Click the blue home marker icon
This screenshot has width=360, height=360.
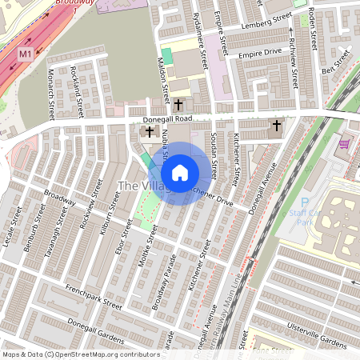tap(180, 173)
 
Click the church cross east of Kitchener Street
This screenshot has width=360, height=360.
tap(277, 126)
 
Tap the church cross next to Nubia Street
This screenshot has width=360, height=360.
tap(150, 132)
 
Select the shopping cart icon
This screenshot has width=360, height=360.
tap(344, 144)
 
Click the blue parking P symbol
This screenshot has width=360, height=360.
tap(303, 206)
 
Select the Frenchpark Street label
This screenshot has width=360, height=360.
tap(94, 297)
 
